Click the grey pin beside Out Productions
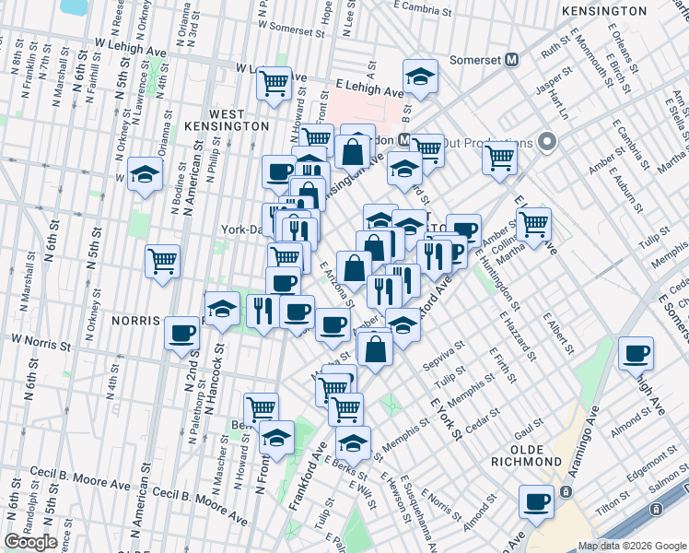pos(546,143)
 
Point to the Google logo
pos(30,542)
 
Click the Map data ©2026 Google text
pos(632,546)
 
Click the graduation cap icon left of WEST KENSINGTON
pos(145,172)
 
